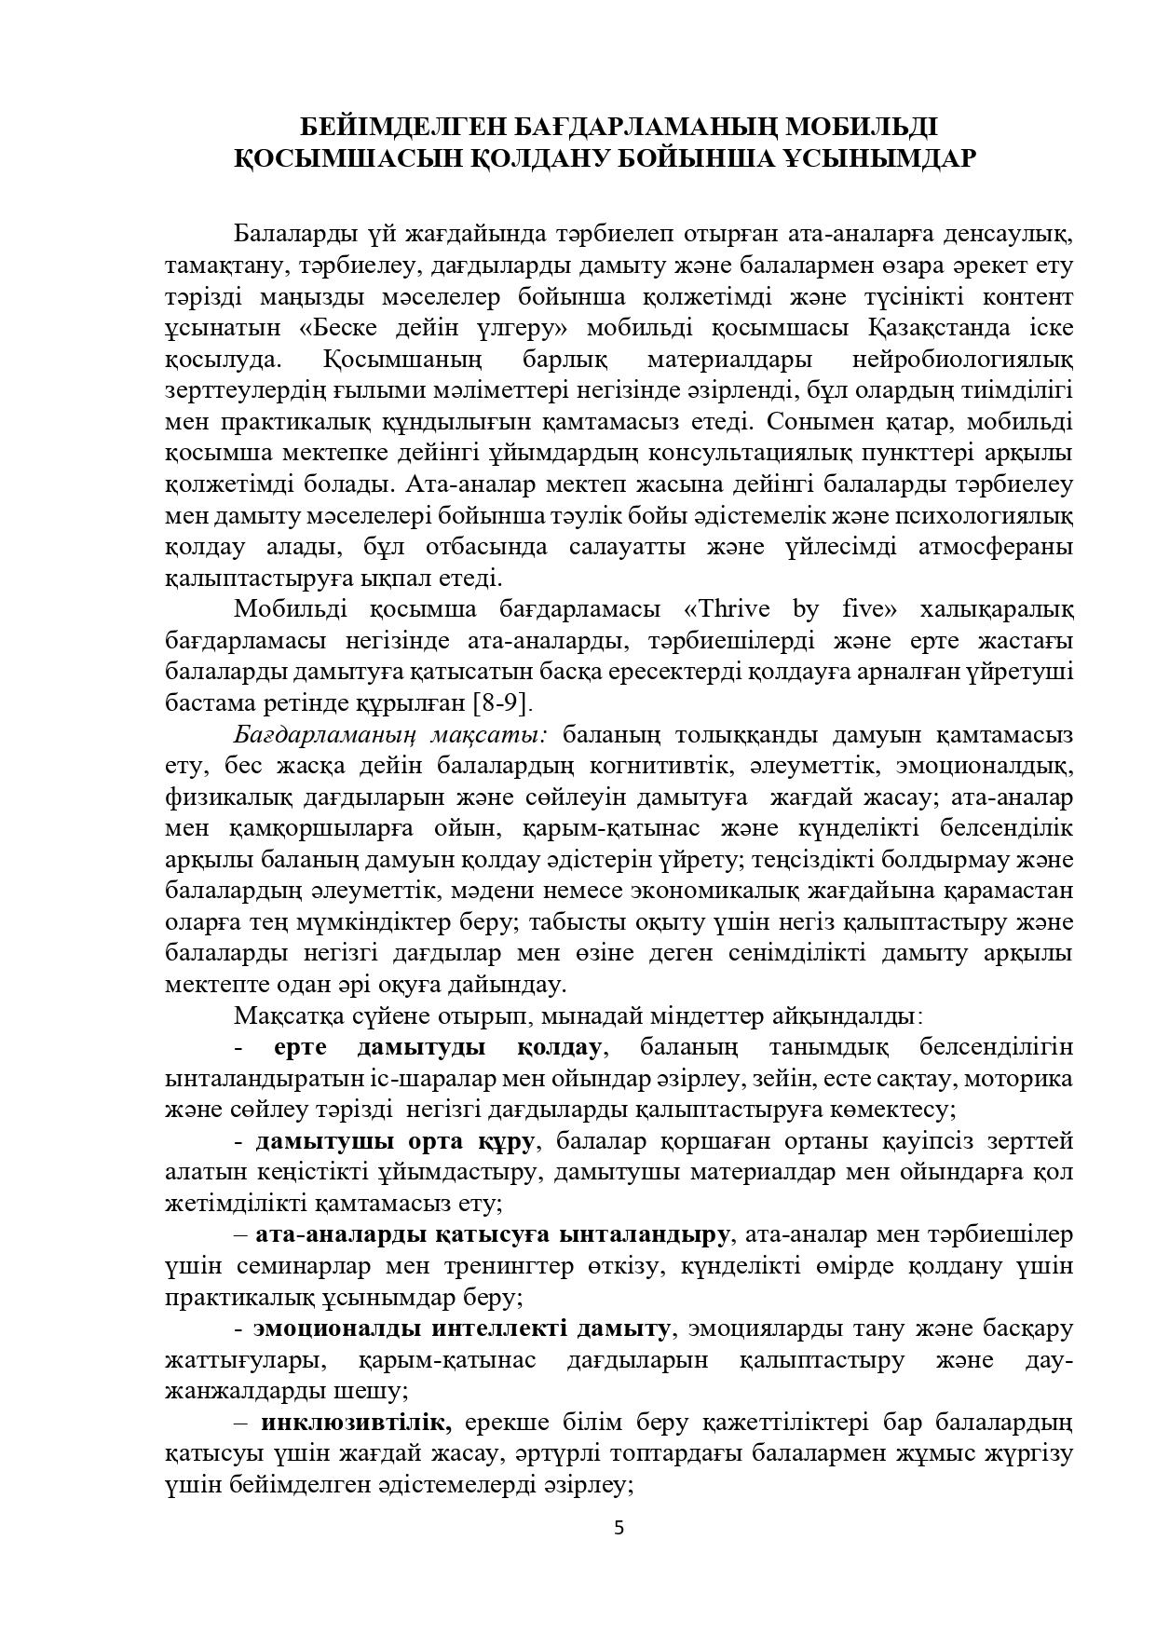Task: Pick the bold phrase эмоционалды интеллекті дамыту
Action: pyautogui.click(x=462, y=1328)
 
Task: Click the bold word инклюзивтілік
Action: pyautogui.click(x=356, y=1423)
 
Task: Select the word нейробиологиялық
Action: pyautogui.click(x=962, y=360)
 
